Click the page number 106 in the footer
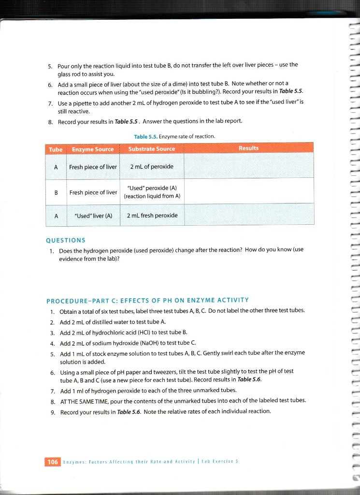coord(52,462)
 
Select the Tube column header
coord(56,149)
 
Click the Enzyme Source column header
coord(93,149)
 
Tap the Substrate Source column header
coord(151,149)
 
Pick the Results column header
coord(248,148)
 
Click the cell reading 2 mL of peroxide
coord(151,167)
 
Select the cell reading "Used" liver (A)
coord(93,215)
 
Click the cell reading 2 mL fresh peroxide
coord(151,215)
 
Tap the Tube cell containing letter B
coord(56,192)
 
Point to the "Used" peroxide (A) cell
coord(151,191)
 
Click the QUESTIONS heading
coord(65,240)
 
